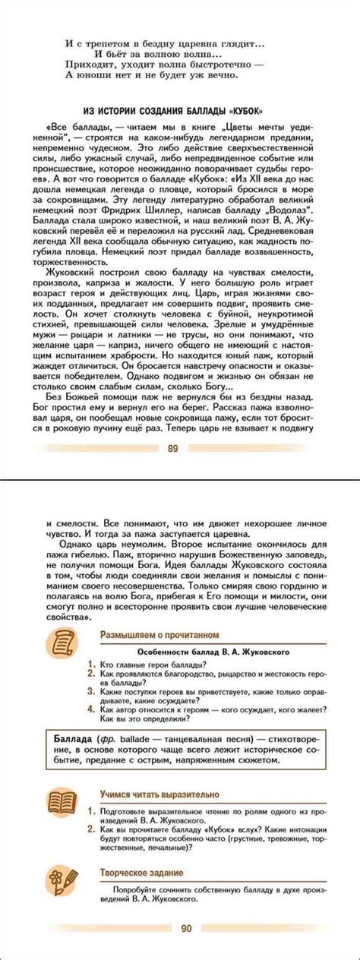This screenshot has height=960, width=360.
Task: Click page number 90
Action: click(x=186, y=928)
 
